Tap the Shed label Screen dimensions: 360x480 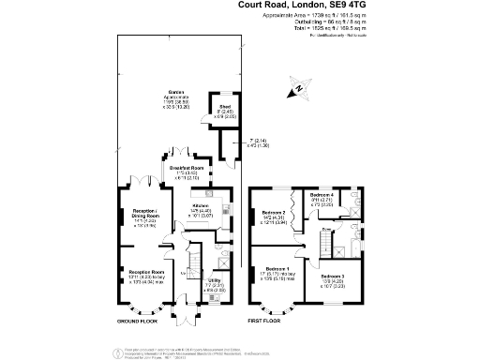pyautogui.click(x=225, y=108)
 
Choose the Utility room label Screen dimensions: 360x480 pyautogui.click(x=215, y=279)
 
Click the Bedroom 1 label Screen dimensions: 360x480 pyautogui.click(x=270, y=268)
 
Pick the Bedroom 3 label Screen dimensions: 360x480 pyautogui.click(x=331, y=277)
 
